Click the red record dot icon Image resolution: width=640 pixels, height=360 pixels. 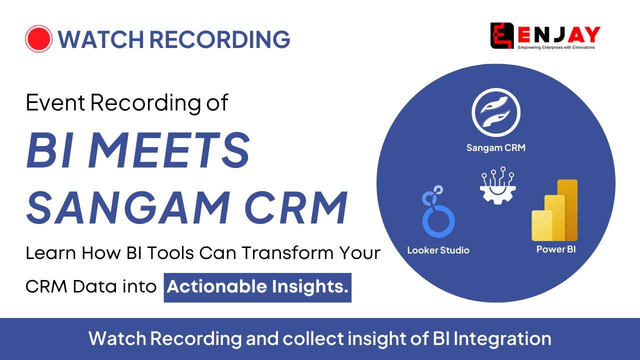pyautogui.click(x=38, y=38)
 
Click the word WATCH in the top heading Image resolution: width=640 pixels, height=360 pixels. pyautogui.click(x=101, y=39)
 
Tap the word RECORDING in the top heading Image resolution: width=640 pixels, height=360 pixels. pyautogui.click(x=219, y=39)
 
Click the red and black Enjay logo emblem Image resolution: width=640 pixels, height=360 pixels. pyautogui.click(x=502, y=35)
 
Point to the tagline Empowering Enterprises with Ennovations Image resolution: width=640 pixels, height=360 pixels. pyautogui.click(x=556, y=47)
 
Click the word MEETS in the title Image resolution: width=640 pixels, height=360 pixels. pyautogui.click(x=169, y=150)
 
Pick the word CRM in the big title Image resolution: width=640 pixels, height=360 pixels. pyautogui.click(x=296, y=207)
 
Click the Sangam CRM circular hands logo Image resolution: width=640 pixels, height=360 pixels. pyautogui.click(x=496, y=112)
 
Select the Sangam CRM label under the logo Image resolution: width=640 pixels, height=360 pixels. pyautogui.click(x=495, y=147)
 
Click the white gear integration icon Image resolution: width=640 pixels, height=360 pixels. pyautogui.click(x=497, y=185)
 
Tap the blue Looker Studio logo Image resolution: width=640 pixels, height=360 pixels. pyautogui.click(x=438, y=211)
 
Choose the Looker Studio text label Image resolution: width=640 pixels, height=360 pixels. pyautogui.click(x=438, y=250)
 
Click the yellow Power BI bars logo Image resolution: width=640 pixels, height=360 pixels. pyautogui.click(x=554, y=210)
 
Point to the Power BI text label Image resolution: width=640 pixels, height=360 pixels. pyautogui.click(x=556, y=249)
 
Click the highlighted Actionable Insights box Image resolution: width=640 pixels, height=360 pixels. pyautogui.click(x=257, y=287)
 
